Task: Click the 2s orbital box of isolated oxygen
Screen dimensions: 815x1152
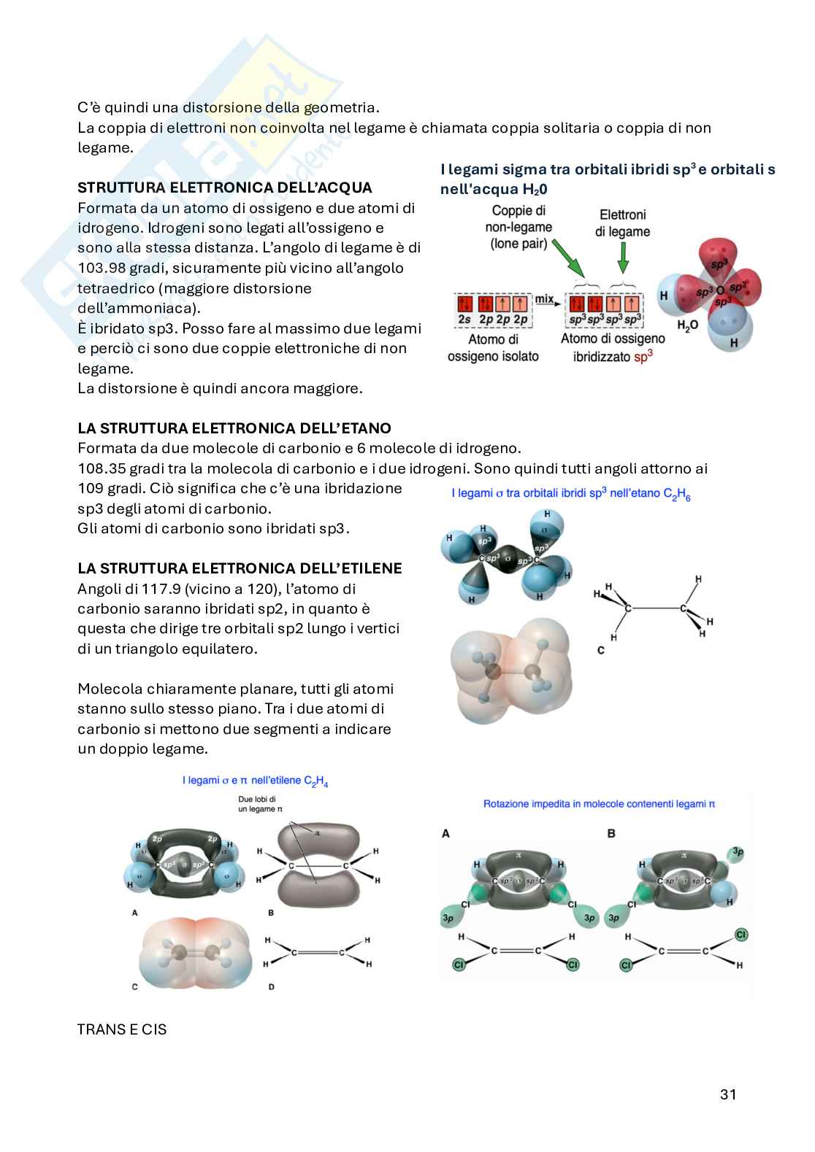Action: click(465, 304)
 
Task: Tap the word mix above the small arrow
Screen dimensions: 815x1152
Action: click(543, 298)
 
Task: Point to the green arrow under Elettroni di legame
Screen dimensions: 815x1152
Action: click(622, 257)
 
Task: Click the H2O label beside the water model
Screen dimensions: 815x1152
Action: click(687, 325)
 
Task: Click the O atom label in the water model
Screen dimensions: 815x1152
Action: click(720, 290)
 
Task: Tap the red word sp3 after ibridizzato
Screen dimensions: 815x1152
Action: click(643, 356)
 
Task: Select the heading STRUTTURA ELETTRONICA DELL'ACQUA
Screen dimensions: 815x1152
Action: click(224, 188)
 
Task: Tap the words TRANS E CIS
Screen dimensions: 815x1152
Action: click(122, 1029)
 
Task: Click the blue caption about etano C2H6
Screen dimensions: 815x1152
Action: click(570, 494)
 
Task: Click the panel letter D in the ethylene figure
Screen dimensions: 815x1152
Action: click(272, 987)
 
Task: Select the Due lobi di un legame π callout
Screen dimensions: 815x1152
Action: click(260, 804)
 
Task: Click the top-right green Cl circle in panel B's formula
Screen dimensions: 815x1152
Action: click(741, 935)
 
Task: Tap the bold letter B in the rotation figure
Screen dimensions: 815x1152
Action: click(611, 833)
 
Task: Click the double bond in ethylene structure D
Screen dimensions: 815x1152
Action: click(318, 952)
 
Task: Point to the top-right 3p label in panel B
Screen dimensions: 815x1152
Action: click(738, 851)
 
